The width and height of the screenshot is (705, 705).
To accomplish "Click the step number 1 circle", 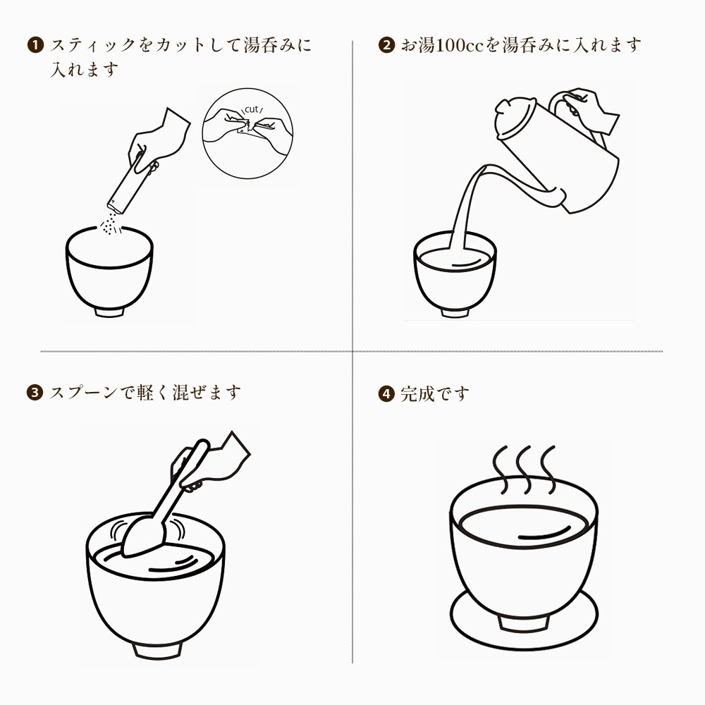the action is click(35, 45).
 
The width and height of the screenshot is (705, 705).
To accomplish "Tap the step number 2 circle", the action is click(386, 45).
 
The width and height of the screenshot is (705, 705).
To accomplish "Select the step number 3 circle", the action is click(35, 392).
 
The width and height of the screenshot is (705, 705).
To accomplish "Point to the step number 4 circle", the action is click(386, 394).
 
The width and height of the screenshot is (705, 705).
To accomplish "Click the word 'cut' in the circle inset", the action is click(252, 109).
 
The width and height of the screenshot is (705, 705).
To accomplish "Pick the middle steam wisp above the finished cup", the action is click(525, 470).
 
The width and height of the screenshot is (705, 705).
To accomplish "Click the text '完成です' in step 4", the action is click(435, 394).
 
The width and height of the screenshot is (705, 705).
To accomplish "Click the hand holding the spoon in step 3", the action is click(211, 462).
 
